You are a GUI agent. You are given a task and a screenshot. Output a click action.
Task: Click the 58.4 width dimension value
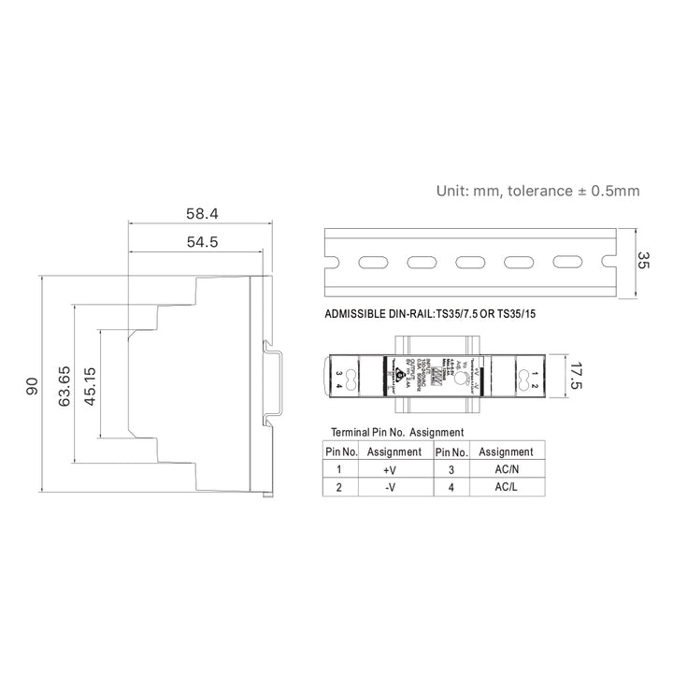click(202, 214)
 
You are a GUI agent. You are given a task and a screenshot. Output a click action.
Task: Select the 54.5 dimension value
click(202, 243)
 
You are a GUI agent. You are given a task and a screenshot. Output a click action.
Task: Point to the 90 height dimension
click(32, 386)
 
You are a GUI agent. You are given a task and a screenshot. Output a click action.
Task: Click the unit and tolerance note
click(537, 191)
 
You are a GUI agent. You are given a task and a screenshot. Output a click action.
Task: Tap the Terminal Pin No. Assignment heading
click(398, 433)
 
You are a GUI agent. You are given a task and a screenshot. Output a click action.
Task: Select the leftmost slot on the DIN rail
click(374, 263)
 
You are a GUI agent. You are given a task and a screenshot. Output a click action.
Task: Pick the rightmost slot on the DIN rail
click(566, 263)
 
